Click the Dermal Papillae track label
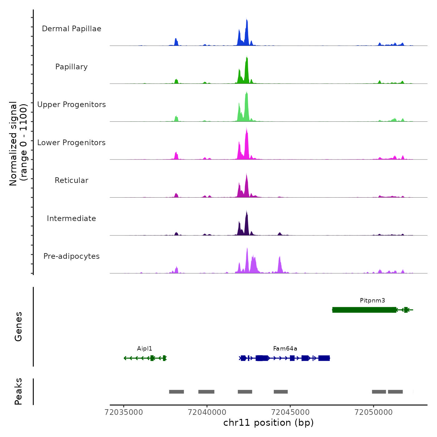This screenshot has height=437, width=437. click(x=71, y=29)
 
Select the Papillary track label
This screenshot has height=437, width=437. click(x=71, y=67)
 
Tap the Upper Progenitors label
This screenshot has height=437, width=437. click(x=71, y=105)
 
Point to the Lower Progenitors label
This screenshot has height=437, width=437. click(x=71, y=143)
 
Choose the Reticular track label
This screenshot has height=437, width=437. click(x=71, y=180)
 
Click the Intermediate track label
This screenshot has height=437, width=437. click(x=71, y=219)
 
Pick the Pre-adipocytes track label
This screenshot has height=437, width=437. click(x=71, y=256)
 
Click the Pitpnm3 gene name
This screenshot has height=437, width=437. click(x=372, y=301)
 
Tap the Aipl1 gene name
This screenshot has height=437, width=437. click(x=145, y=349)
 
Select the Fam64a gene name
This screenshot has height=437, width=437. click(x=285, y=349)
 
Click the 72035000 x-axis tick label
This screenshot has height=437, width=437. click(x=124, y=412)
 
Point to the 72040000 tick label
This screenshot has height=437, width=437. click(x=207, y=412)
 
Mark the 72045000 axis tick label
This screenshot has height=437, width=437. click(x=290, y=412)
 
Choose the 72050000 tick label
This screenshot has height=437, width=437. click(x=374, y=412)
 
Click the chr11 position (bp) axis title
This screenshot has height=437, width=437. click(x=268, y=423)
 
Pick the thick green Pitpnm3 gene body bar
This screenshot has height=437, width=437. click(x=364, y=310)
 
